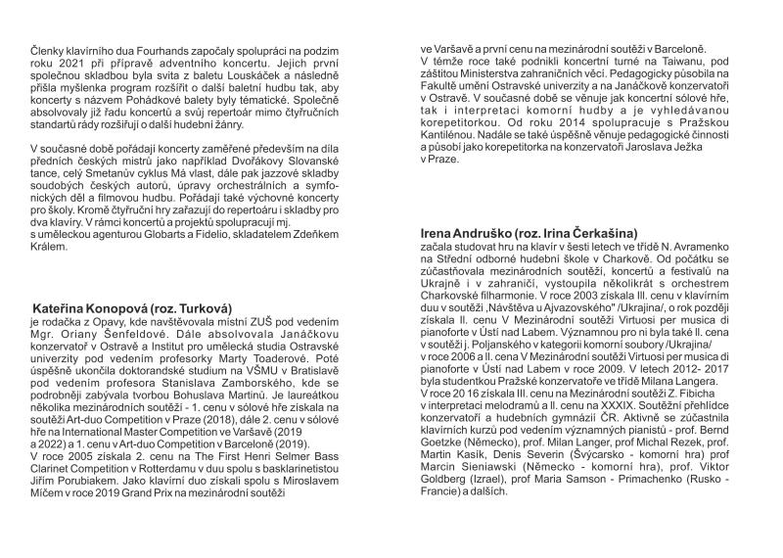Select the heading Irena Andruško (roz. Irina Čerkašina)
click(x=528, y=234)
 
